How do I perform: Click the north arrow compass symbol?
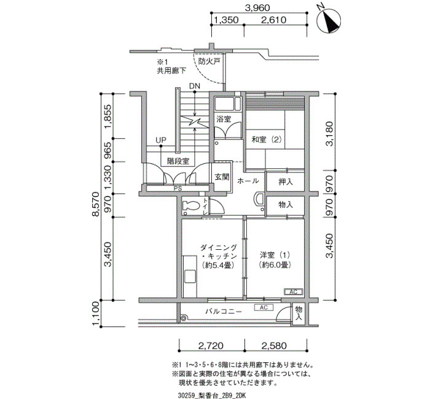[x=329, y=21]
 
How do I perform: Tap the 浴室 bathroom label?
[x=224, y=119]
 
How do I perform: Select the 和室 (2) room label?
[x=267, y=139]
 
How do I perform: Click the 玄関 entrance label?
[x=222, y=177]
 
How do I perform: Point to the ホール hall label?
[x=248, y=181]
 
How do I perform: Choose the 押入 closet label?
[x=286, y=182]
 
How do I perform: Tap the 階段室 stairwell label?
[x=179, y=161]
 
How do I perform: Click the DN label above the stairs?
[x=195, y=86]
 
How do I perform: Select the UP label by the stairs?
[x=161, y=140]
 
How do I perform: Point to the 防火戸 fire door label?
[x=209, y=61]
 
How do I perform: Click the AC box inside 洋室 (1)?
[x=293, y=292]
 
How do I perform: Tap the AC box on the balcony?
[x=264, y=308]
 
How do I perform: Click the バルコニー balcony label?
[x=224, y=312]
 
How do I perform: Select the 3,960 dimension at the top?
[x=257, y=8]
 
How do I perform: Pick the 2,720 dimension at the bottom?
[x=211, y=346]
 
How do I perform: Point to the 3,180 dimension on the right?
[x=329, y=133]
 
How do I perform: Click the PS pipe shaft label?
[x=178, y=188]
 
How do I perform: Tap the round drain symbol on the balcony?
[x=184, y=317]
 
